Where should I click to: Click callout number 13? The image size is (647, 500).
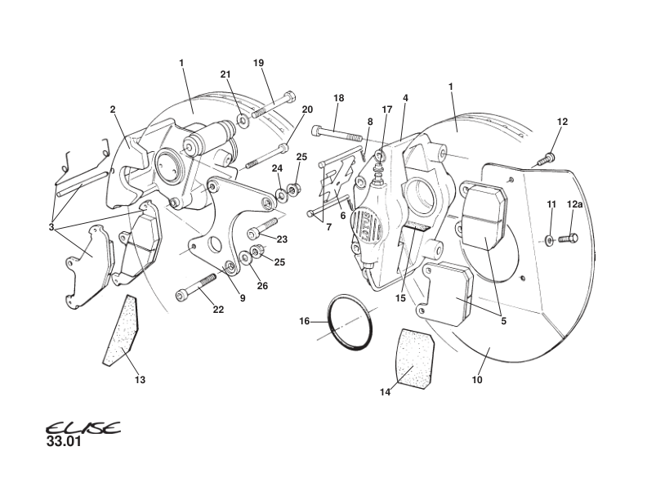click(x=141, y=380)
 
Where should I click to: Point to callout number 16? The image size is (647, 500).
click(x=304, y=321)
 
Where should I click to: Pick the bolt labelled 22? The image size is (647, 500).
click(x=195, y=287)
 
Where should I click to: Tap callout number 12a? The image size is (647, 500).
click(x=575, y=204)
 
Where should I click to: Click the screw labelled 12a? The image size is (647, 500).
click(x=568, y=239)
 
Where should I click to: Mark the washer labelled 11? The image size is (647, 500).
click(x=549, y=239)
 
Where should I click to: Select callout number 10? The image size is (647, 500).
click(x=477, y=380)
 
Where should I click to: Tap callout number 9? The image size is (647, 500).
click(x=242, y=298)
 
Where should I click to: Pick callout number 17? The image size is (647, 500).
click(x=387, y=109)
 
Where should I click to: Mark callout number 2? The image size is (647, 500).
click(x=113, y=109)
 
